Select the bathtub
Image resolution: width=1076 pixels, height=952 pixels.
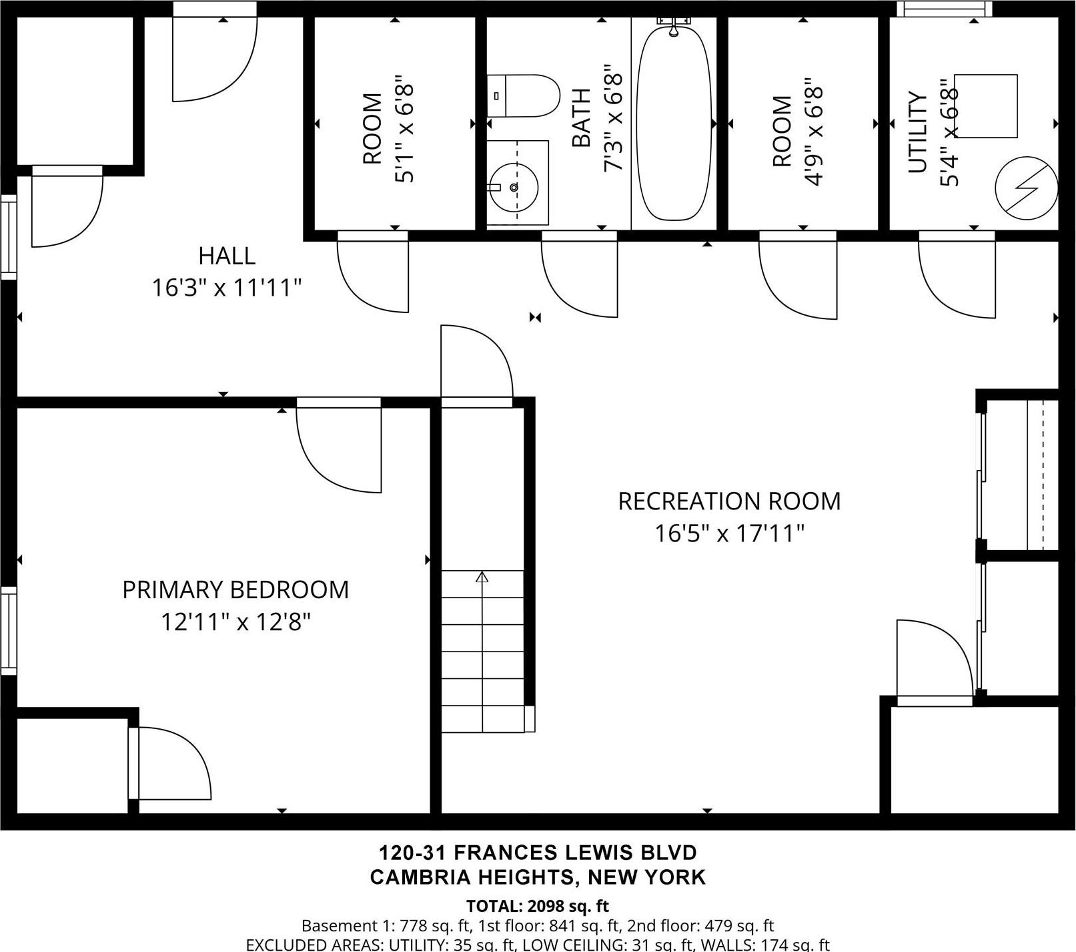672,124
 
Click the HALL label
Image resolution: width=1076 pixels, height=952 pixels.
227,256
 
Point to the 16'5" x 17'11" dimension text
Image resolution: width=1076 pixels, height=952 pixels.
729,533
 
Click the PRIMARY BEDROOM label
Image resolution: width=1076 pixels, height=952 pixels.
235,590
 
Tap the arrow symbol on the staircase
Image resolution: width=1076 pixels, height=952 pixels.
482,577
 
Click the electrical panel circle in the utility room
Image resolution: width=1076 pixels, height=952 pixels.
1026,188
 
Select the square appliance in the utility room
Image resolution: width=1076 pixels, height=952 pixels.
985,106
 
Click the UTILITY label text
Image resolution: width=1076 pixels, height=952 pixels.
918,132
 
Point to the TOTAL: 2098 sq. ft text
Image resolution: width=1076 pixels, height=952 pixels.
537,907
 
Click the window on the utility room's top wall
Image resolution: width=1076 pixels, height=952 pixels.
944,9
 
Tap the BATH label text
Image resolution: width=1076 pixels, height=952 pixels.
582,118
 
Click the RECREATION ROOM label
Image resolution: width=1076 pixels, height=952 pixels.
729,501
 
